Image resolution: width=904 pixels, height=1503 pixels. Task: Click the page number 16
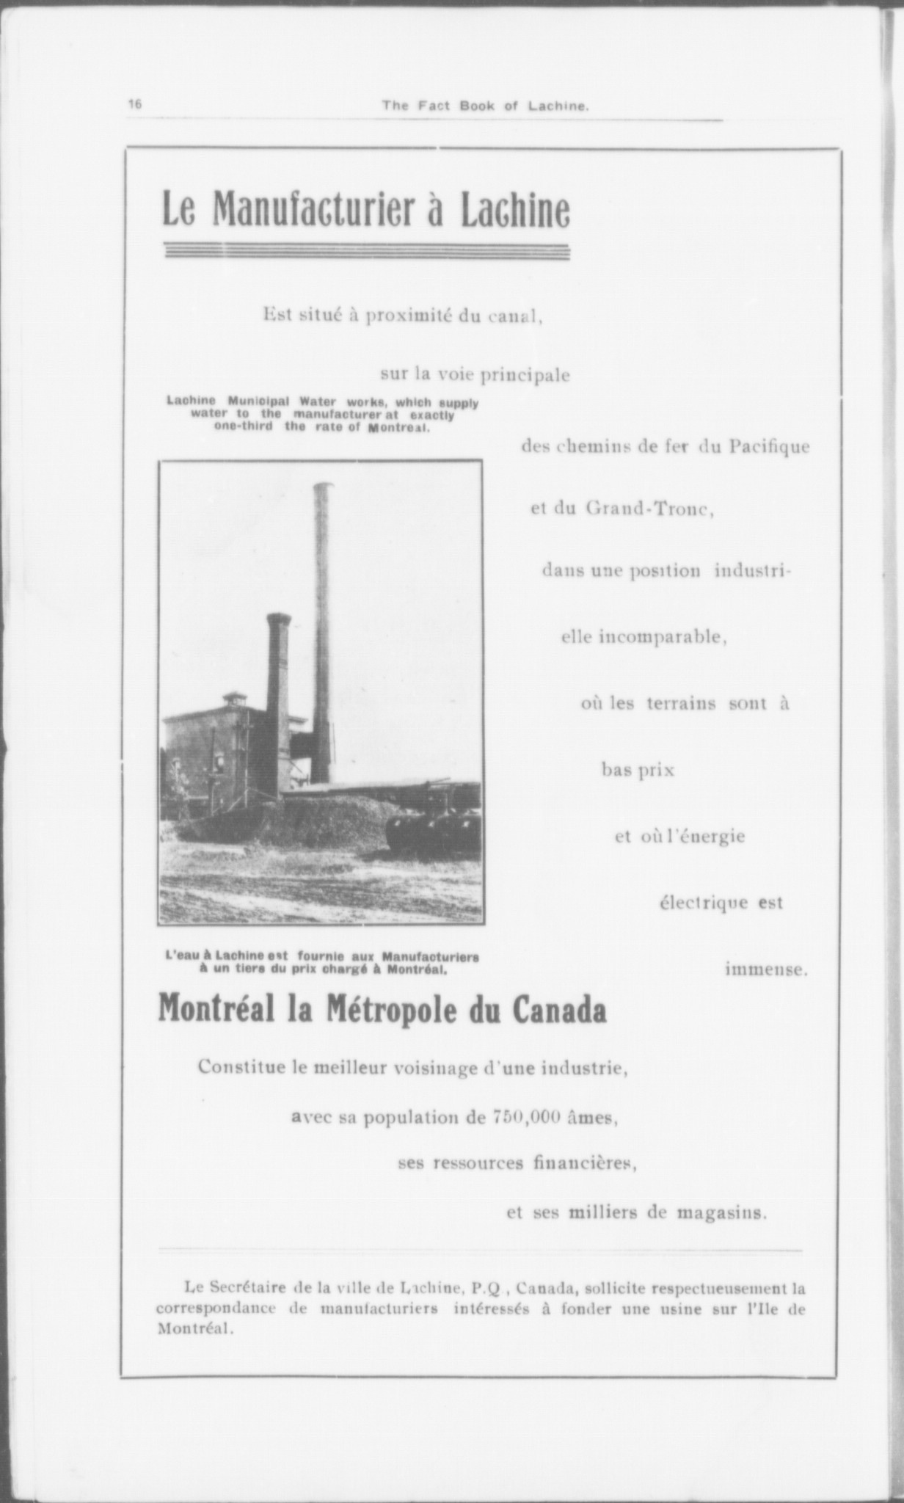pyautogui.click(x=135, y=104)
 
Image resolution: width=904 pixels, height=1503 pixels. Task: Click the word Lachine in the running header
pyautogui.click(x=564, y=106)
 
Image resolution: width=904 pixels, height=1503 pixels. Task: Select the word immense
pyautogui.click(x=766, y=969)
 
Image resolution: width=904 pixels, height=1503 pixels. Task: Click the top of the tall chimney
pyautogui.click(x=323, y=486)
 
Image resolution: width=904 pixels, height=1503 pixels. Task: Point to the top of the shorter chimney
pyautogui.click(x=278, y=617)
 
